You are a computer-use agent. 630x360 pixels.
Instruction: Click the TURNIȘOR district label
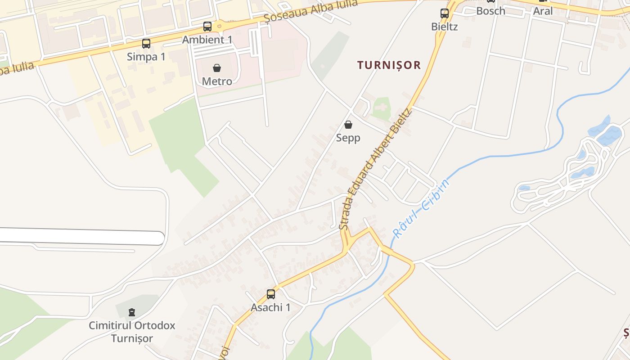pos(389,65)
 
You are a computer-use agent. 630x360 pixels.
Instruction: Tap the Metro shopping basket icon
pos(217,68)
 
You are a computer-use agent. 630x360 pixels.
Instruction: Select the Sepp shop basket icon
pos(348,125)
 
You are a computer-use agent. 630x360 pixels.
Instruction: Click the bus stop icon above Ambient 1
pos(207,27)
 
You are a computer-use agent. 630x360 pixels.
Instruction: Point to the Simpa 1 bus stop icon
pos(146,44)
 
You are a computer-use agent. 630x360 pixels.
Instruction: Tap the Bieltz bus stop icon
pos(445,13)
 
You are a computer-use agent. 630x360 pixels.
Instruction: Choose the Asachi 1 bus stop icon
pos(271,294)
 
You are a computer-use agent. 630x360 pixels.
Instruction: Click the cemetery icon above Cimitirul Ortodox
pos(132,312)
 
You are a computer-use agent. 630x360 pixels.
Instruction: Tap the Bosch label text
pos(490,11)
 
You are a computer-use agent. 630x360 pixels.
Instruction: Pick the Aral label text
pos(543,11)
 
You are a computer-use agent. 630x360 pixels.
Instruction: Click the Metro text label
pos(217,81)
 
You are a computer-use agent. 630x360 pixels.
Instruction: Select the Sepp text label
pos(348,138)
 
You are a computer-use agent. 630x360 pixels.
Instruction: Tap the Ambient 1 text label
pos(207,40)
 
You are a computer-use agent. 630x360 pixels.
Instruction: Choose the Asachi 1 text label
pos(270,307)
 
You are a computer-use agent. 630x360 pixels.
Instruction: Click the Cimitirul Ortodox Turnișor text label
pos(132,332)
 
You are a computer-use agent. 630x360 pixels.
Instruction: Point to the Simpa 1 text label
pos(146,57)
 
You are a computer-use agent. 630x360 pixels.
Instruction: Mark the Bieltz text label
pos(445,27)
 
